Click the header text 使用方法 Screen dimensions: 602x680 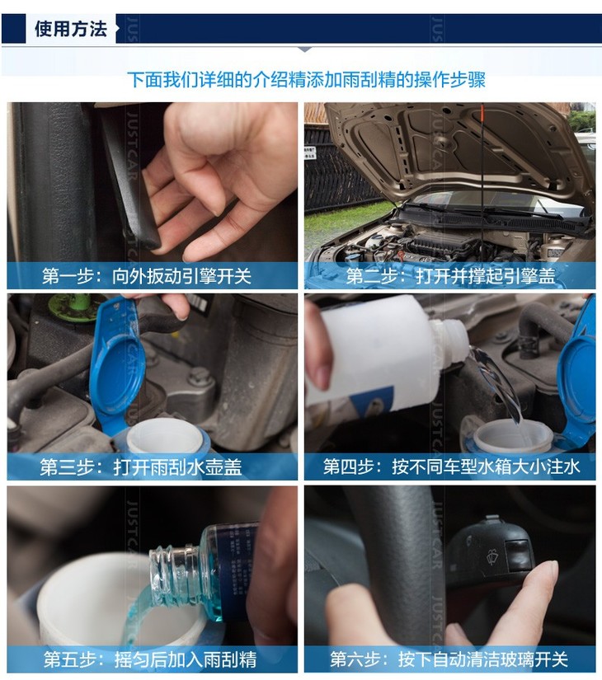(x=71, y=29)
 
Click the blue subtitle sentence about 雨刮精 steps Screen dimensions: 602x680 (x=307, y=80)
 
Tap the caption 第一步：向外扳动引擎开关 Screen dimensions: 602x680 (x=147, y=276)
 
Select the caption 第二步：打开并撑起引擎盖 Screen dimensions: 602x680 (x=450, y=276)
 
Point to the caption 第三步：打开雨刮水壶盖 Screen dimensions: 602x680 (x=141, y=467)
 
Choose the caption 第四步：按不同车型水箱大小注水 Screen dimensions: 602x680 (x=451, y=467)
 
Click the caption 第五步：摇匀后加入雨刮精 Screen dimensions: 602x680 (x=150, y=659)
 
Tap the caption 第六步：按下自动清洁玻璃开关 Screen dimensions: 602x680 (x=449, y=659)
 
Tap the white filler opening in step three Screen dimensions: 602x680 (x=165, y=435)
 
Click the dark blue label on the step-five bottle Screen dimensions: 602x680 (x=234, y=564)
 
